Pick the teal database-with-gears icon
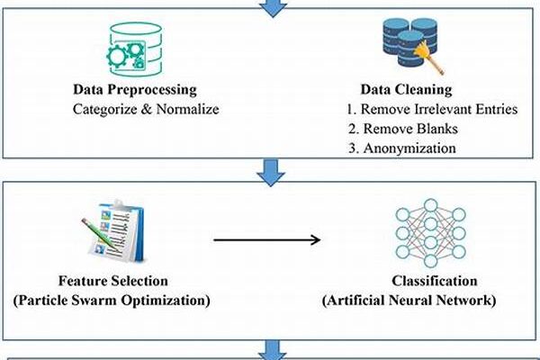coord(131,46)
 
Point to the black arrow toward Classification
coord(267,239)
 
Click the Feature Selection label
coord(115,282)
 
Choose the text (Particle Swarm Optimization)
coord(116,300)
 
